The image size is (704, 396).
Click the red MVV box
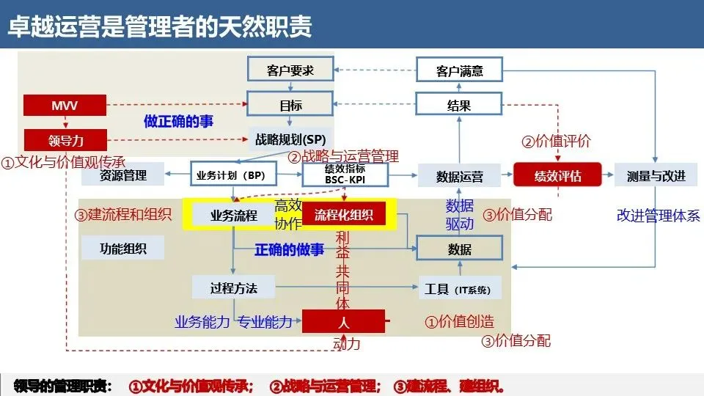pyautogui.click(x=65, y=106)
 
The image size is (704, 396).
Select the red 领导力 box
pyautogui.click(x=65, y=139)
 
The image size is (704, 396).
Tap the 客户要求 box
pyautogui.click(x=290, y=70)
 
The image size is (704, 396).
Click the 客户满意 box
pyautogui.click(x=460, y=70)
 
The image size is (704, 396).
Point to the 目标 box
pyautogui.click(x=290, y=105)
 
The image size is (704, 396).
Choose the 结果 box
pyautogui.click(x=460, y=105)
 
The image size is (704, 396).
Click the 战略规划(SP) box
pyautogui.click(x=290, y=139)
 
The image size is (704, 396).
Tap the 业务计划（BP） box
pyautogui.click(x=231, y=175)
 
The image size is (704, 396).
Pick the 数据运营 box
pyautogui.click(x=460, y=175)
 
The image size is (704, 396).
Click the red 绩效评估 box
pyautogui.click(x=557, y=175)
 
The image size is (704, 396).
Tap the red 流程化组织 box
pyautogui.click(x=345, y=215)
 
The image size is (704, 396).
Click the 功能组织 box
pyautogui.click(x=123, y=249)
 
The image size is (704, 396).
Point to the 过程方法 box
pyautogui.click(x=234, y=287)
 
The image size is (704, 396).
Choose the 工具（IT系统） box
pyautogui.click(x=460, y=287)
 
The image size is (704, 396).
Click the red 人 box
pyautogui.click(x=344, y=321)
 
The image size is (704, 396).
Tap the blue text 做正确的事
pyautogui.click(x=179, y=122)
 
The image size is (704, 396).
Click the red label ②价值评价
pyautogui.click(x=555, y=142)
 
